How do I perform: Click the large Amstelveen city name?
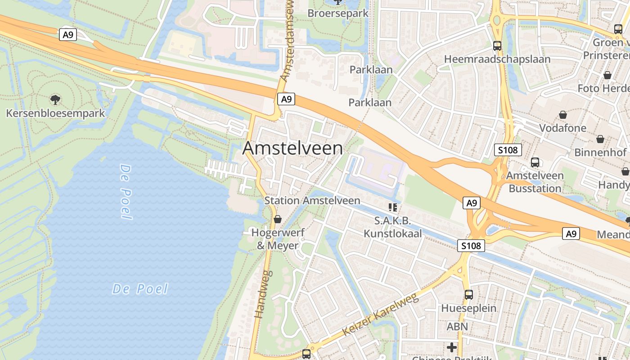[292, 148]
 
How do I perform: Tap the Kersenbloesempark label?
[55, 113]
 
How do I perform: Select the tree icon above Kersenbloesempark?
[55, 99]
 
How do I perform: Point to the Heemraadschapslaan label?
[497, 59]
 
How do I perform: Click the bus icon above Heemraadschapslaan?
[497, 45]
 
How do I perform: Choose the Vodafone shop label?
[562, 128]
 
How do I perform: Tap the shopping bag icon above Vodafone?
[562, 115]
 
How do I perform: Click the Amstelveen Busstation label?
[535, 182]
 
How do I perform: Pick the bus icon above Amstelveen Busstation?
[535, 162]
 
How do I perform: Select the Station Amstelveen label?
[312, 201]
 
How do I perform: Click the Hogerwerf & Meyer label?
[278, 239]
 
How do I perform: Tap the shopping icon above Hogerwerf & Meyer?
[278, 219]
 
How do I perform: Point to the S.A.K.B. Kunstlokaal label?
[393, 227]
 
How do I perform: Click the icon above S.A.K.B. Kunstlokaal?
[393, 207]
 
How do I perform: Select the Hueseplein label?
[468, 308]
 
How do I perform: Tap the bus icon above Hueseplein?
[468, 295]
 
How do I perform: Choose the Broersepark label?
[338, 13]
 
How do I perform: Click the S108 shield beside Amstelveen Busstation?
[508, 150]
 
